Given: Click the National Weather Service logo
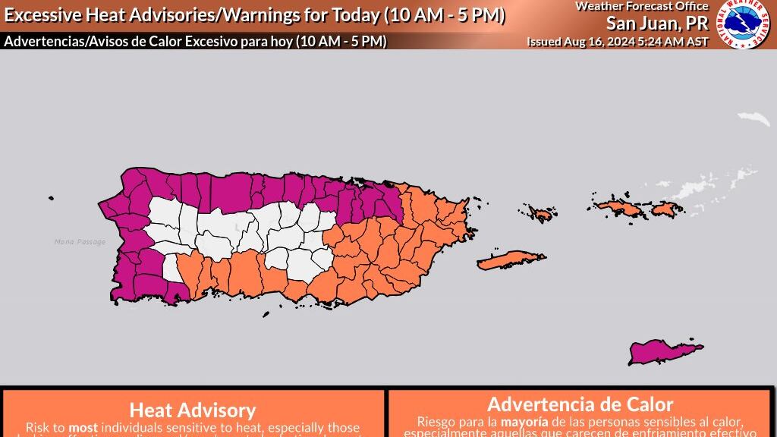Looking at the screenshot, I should pos(744,25).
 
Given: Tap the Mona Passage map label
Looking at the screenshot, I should pos(80,242).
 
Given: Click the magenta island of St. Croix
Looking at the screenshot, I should pos(667,352).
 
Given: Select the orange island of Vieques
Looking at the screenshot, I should pos(511,260).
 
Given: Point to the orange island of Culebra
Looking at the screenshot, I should pos(539,213).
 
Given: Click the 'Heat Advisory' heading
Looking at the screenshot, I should pos(193,410).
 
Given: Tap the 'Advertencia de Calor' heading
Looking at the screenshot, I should pos(580,404).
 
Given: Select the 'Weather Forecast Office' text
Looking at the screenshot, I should pos(641,6).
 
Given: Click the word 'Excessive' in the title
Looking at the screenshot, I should pos(42,16).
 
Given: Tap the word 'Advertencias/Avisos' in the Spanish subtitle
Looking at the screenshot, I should pos(58,42).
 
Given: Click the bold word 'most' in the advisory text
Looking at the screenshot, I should pos(83,427).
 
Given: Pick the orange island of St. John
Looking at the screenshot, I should pos(665,208).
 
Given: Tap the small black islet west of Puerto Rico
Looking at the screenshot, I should pos(51,199).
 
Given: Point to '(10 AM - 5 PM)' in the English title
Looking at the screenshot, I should pos(445,16).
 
